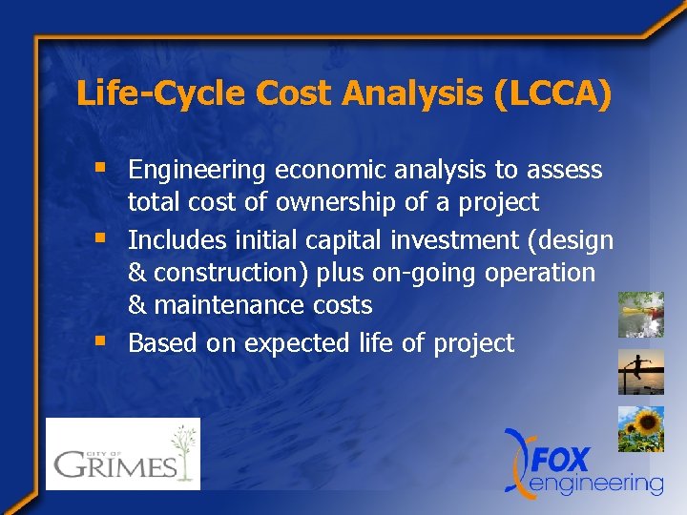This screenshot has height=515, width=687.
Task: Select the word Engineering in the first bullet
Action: (x=197, y=171)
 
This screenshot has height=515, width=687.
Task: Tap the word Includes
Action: (x=175, y=239)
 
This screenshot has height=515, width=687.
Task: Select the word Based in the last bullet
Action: (x=159, y=342)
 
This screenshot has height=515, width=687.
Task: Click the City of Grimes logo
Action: (x=123, y=454)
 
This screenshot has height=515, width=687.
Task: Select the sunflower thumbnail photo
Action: (x=640, y=428)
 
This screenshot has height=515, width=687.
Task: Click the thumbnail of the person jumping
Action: (x=640, y=371)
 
